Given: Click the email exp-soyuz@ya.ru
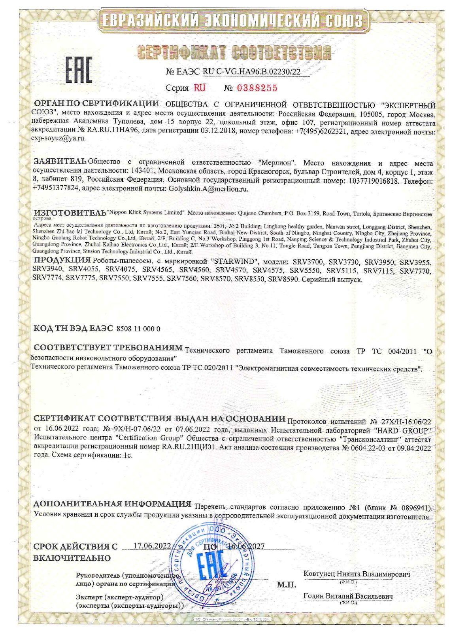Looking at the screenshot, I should coord(58,138).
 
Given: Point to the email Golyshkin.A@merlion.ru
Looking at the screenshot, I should coord(208,189).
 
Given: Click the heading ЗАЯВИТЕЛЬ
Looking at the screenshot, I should coord(60,162).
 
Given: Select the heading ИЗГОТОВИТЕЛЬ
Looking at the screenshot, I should coord(70,213).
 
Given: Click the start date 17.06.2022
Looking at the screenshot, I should coord(151,546).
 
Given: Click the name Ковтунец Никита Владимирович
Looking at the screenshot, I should coord(357,574).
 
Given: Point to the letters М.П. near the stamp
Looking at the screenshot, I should coord(287,585).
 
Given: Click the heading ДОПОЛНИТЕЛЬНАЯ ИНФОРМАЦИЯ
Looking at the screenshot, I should coord(112,504).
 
